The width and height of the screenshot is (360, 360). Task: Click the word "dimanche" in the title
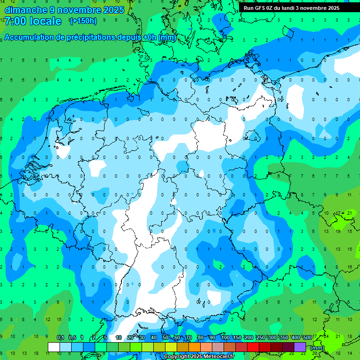(x=25, y=10)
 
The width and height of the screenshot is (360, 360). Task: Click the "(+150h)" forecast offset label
(x=83, y=21)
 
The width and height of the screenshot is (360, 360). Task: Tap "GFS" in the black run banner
(x=262, y=8)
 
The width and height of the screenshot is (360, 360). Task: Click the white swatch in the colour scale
(x=54, y=347)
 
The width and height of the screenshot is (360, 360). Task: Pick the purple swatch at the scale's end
(x=300, y=347)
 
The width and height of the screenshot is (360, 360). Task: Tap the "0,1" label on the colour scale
(x=60, y=338)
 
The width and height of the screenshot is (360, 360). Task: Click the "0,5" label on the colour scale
(x=72, y=338)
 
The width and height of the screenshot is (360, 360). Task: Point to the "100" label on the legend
(x=225, y=338)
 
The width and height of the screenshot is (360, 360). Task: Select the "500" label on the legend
(x=307, y=338)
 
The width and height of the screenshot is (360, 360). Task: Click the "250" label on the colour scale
(x=260, y=338)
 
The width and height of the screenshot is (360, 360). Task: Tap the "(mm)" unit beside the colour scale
(x=317, y=348)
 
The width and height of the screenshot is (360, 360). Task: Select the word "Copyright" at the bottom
(x=177, y=357)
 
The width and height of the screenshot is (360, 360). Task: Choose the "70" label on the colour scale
(x=189, y=338)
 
